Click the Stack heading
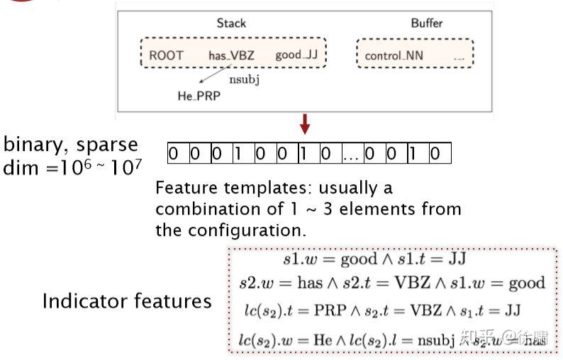click(231, 23)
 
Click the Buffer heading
click(426, 23)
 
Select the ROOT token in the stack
click(166, 55)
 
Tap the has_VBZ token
click(231, 55)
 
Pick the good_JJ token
click(297, 55)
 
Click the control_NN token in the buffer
click(394, 55)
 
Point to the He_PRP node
click(199, 96)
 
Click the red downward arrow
click(305, 125)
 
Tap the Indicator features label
click(127, 301)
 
